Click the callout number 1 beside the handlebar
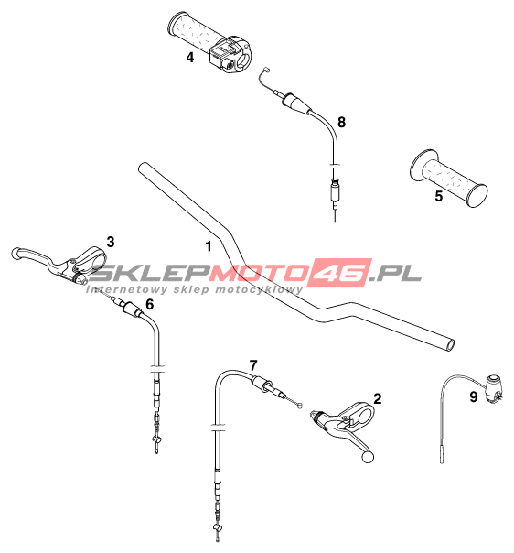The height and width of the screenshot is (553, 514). coord(209,245)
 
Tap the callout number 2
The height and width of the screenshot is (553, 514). coord(378,398)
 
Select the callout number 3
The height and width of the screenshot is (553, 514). coord(111,242)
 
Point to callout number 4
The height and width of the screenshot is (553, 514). coord(190,57)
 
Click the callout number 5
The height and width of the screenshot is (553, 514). coord(439,196)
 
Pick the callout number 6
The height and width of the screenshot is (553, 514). coord(150,304)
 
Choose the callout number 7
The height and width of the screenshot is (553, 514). coord(253,365)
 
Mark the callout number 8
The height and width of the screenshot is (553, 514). coord(341,122)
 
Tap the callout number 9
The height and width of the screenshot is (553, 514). coord(474,396)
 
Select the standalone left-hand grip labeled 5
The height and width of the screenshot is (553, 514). coord(449,178)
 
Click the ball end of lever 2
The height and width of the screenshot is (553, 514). coord(368,457)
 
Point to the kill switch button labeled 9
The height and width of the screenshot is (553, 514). coord(494,388)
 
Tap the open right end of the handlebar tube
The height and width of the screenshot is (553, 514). coord(450,344)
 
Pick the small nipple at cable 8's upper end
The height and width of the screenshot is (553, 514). coord(267,70)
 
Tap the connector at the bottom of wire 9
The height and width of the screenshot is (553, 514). coord(443,455)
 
